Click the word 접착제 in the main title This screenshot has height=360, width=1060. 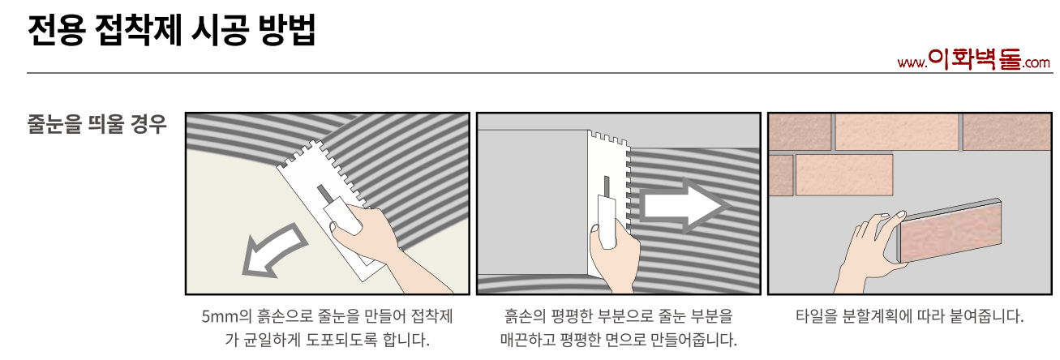coord(138,30)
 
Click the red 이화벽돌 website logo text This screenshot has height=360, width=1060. coord(974,61)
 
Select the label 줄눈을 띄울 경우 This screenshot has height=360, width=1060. coord(97,124)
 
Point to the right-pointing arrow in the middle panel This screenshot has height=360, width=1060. coord(684,205)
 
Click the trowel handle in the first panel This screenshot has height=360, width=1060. coord(342,216)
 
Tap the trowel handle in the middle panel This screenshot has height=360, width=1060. coord(607,221)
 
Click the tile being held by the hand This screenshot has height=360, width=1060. coord(950,231)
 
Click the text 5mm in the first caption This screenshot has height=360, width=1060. coord(220,316)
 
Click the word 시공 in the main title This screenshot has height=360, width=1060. coord(220,30)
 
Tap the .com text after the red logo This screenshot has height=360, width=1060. coord(1036,63)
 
